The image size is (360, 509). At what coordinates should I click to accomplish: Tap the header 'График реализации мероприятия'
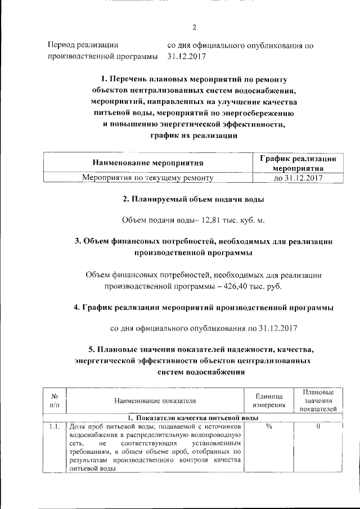click(x=298, y=163)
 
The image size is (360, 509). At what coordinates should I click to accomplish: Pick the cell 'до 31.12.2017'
click(x=298, y=178)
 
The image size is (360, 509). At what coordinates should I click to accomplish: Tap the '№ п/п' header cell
click(x=55, y=400)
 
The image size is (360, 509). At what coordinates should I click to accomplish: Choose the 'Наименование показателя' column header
click(x=155, y=400)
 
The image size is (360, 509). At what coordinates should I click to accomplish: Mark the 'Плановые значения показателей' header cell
click(x=318, y=400)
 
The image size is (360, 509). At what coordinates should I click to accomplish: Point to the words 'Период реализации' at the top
click(x=83, y=44)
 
